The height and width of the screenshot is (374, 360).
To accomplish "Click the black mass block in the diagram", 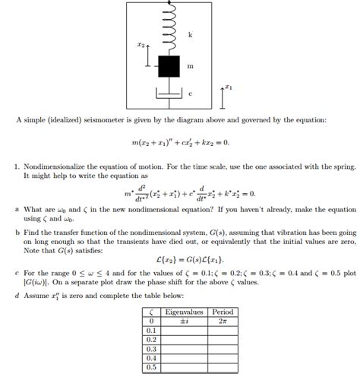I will (168, 66).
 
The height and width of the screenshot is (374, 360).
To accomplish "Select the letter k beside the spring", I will (190, 35).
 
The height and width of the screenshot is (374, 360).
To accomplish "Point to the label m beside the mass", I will (190, 67).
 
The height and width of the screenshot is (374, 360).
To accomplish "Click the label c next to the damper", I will (190, 93).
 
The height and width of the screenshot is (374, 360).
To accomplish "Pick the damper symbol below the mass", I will (168, 92).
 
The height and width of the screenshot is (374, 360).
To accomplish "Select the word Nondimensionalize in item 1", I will (58, 164).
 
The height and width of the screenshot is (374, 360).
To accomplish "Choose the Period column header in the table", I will (223, 312).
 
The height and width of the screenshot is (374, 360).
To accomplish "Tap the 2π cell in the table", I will (223, 321).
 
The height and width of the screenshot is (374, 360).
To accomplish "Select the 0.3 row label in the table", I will (152, 349).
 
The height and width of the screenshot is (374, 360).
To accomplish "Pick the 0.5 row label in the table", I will (152, 367).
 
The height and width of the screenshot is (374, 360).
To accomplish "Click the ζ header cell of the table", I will (152, 312).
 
